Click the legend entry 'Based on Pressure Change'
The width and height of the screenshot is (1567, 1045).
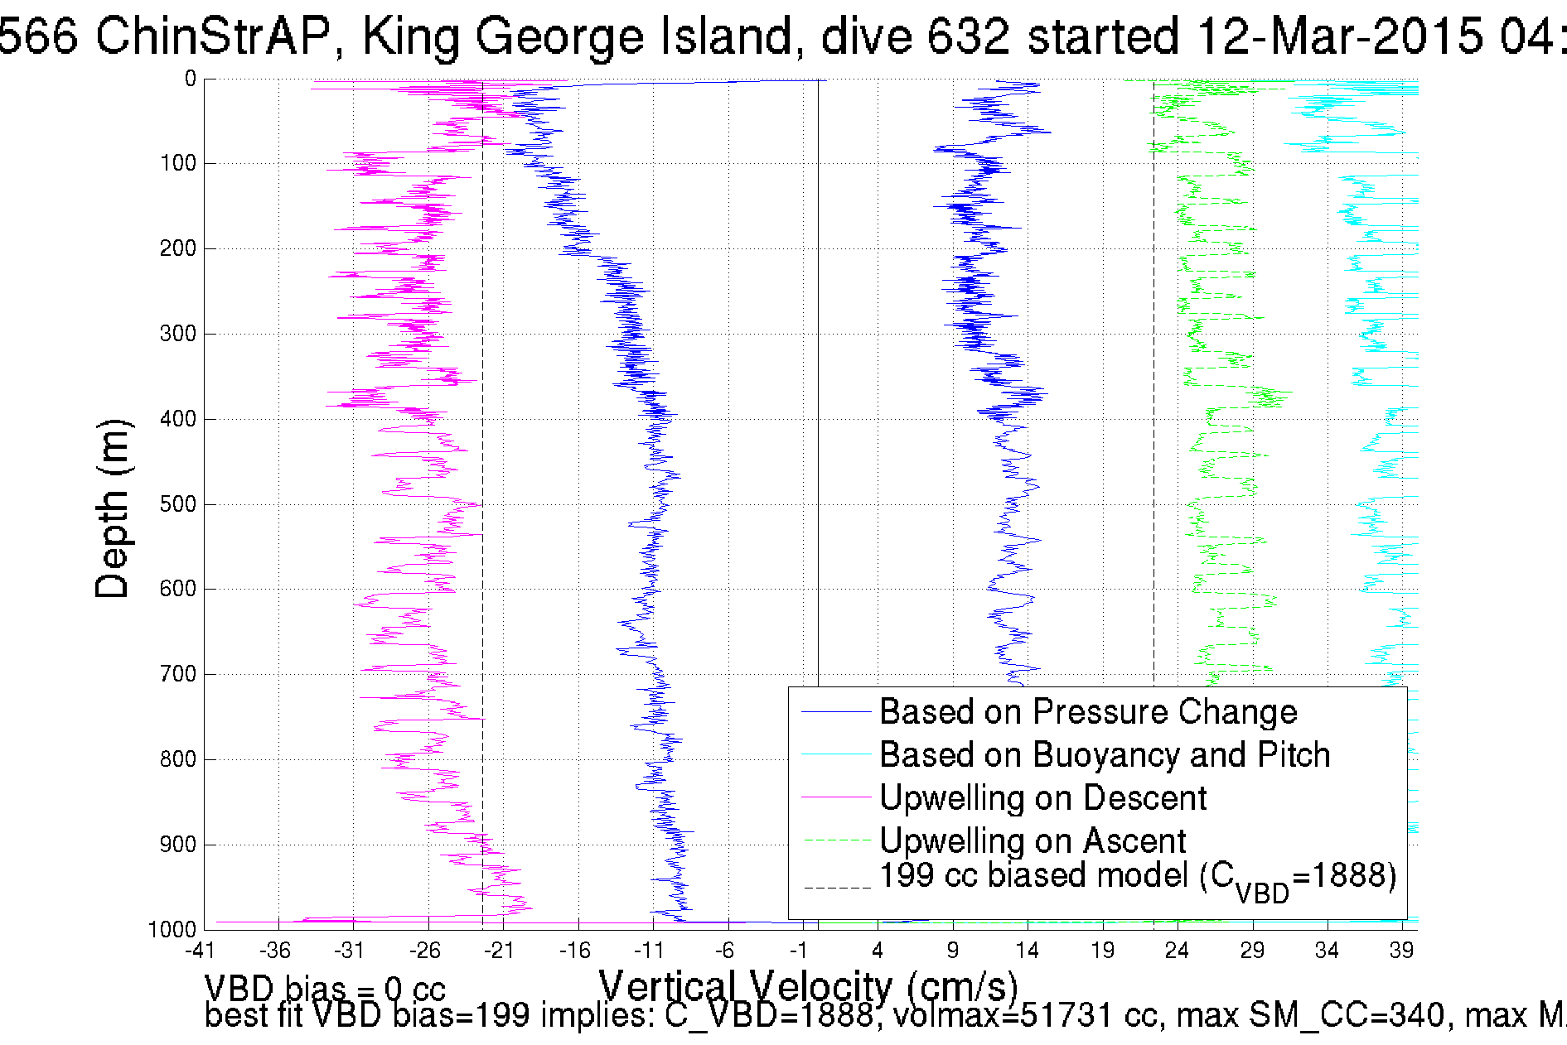pos(1087,712)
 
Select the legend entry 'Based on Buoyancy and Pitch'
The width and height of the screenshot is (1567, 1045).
pos(1104,755)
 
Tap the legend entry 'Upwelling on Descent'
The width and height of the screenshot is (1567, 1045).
pos(1042,798)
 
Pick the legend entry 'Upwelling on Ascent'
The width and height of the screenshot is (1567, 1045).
pos(1032,841)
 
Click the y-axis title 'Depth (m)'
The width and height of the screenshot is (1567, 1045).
pos(113,508)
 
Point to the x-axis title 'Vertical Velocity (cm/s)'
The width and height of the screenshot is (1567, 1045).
pos(808,987)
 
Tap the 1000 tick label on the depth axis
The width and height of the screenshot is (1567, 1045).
pos(172,929)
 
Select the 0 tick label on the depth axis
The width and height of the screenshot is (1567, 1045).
pos(191,79)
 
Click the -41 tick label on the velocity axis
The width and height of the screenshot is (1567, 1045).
pos(199,951)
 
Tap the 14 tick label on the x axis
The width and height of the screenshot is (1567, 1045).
pos(1028,951)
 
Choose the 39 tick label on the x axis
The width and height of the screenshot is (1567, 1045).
pos(1401,951)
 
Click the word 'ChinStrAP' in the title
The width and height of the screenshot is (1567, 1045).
pos(214,36)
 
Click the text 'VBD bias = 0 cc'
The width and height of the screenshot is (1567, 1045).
pos(325,989)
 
